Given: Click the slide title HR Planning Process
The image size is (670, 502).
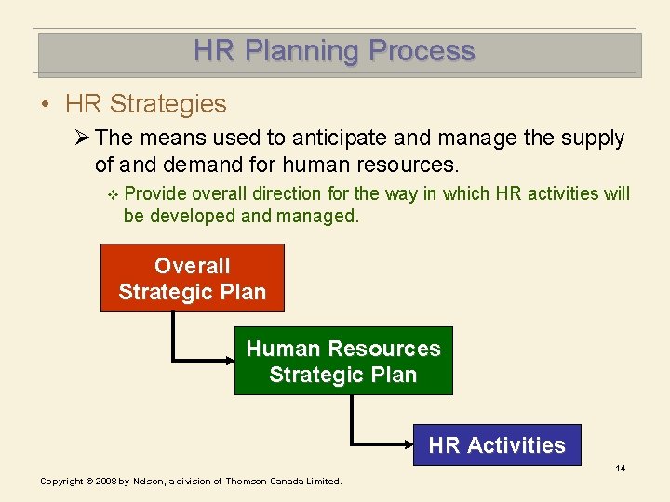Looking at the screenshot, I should point(334,51).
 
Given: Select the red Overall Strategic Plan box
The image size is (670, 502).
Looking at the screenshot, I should point(192,278).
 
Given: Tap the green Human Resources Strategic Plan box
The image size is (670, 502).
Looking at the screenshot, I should point(342,361).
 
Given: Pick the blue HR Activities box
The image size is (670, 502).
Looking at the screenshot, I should point(496,444).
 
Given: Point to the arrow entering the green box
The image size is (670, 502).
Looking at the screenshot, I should point(223,358).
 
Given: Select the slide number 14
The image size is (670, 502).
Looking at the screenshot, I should point(620,468).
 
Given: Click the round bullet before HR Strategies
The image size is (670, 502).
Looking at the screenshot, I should point(46,104).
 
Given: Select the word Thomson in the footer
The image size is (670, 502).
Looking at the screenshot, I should point(248,482).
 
